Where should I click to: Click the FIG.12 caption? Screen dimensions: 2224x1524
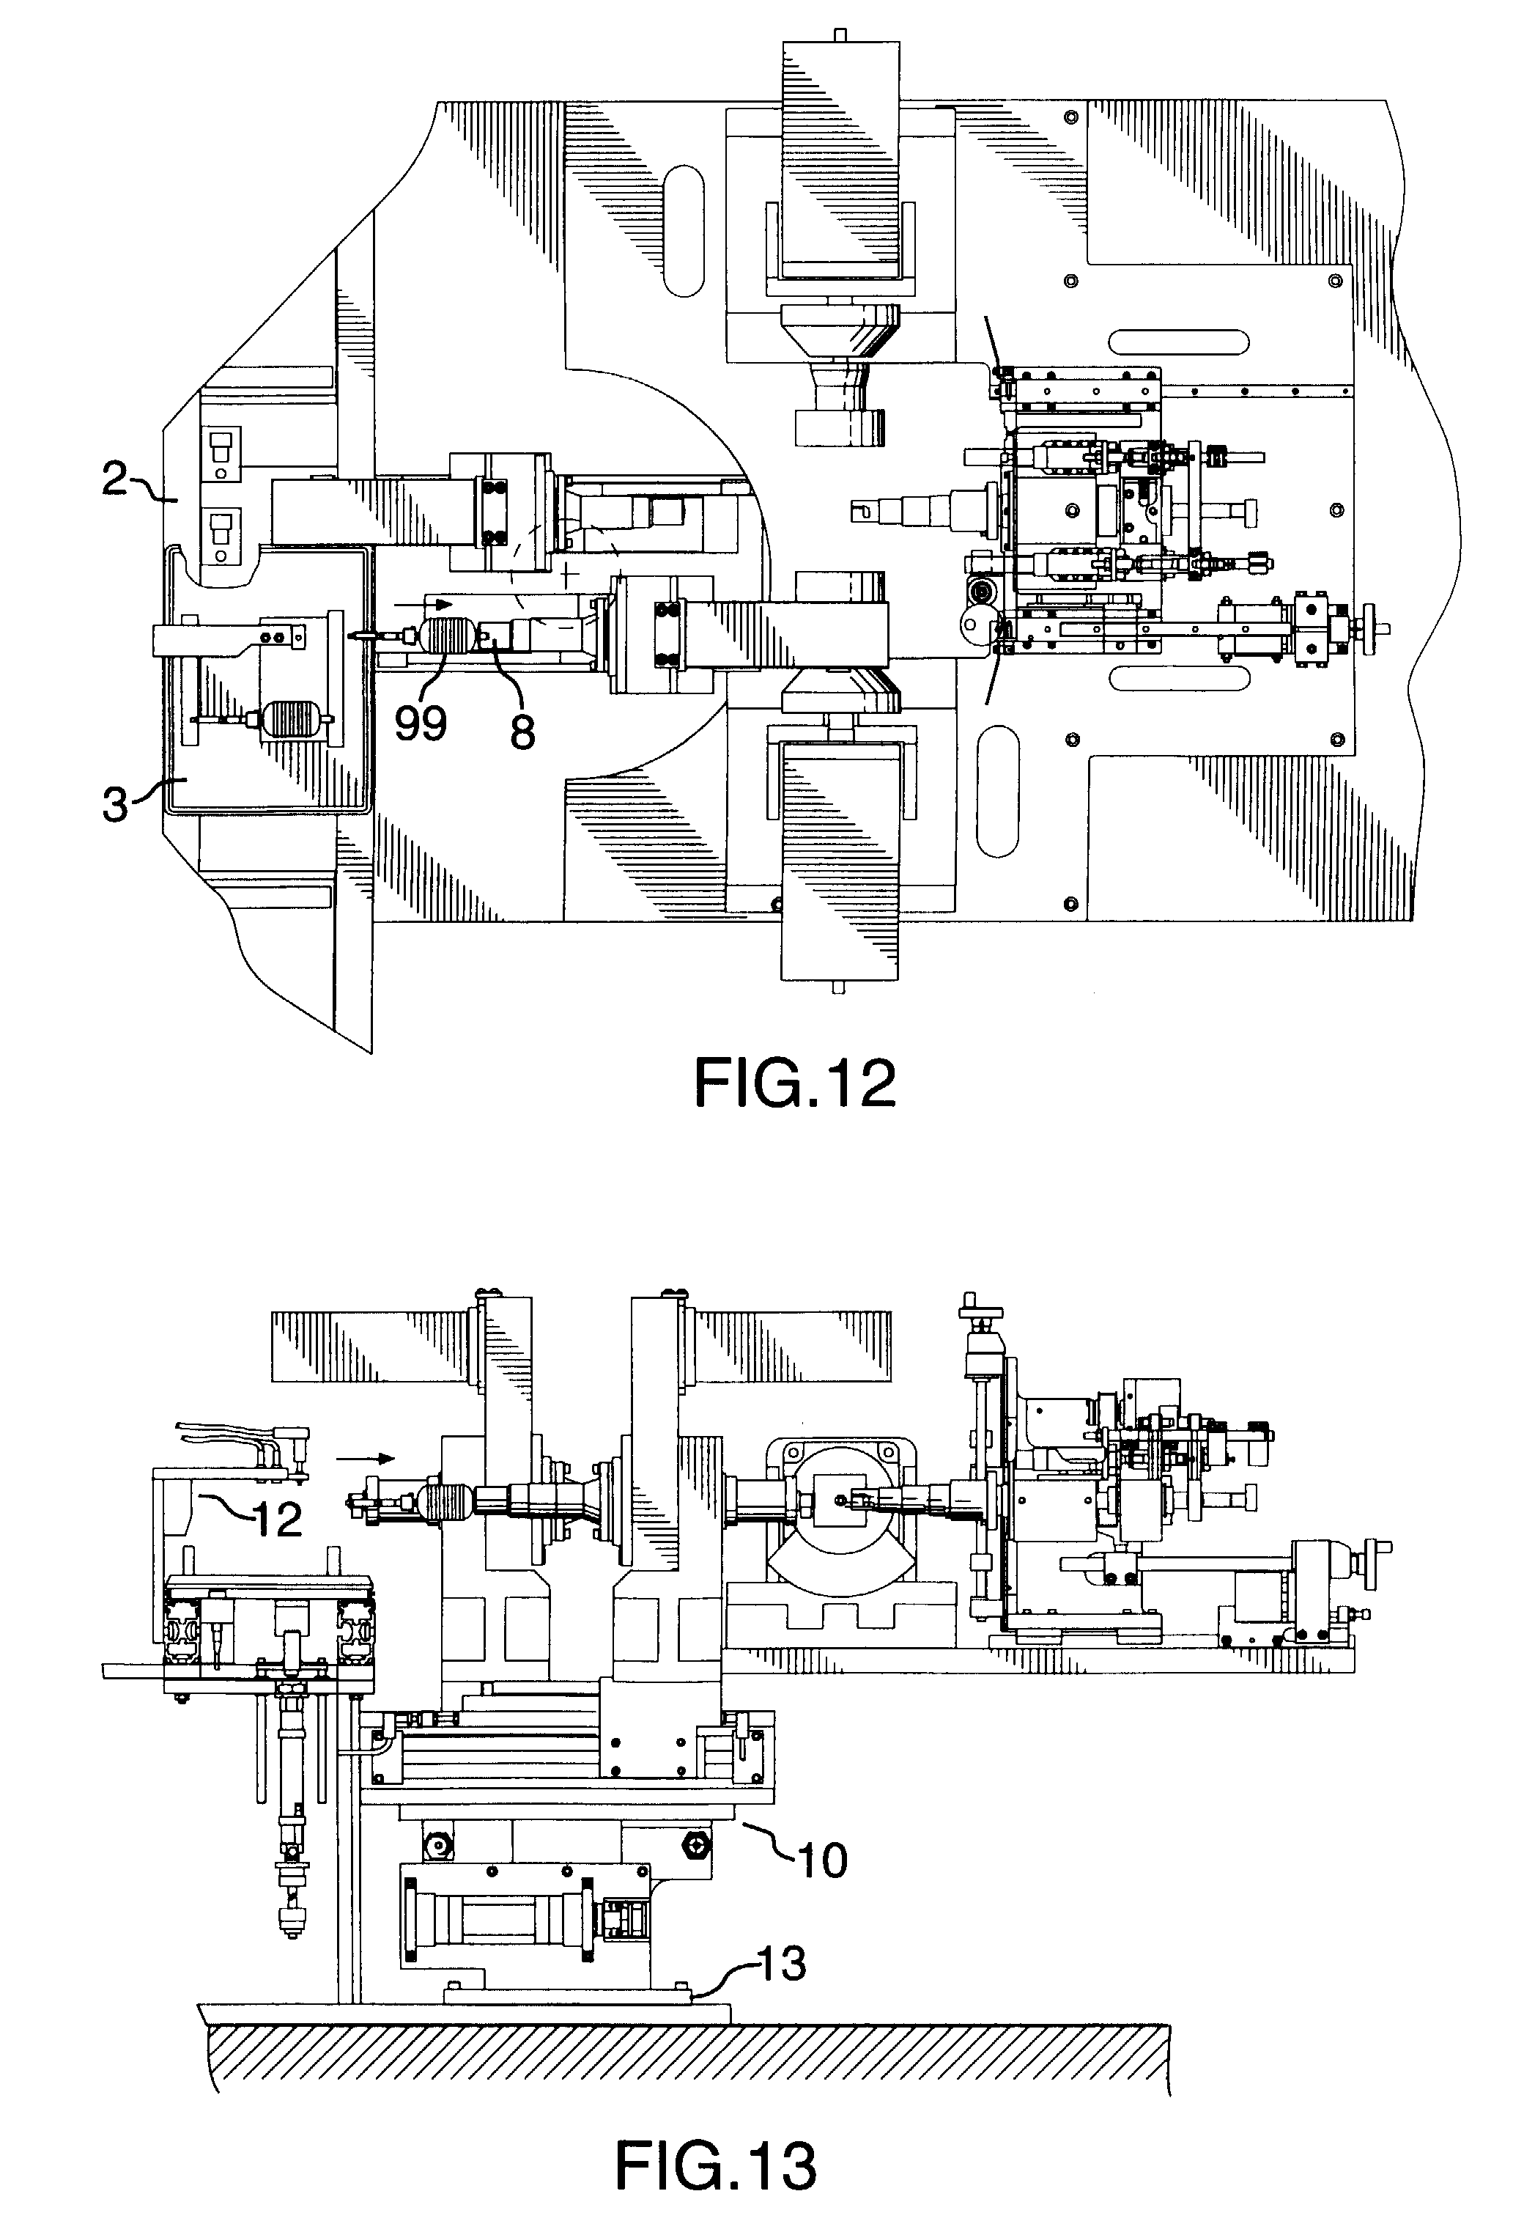coord(794,1083)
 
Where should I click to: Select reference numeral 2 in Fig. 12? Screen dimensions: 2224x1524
coord(115,479)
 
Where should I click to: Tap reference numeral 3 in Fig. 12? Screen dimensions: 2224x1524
coord(115,804)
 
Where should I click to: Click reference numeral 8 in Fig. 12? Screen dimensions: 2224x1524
coord(522,732)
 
